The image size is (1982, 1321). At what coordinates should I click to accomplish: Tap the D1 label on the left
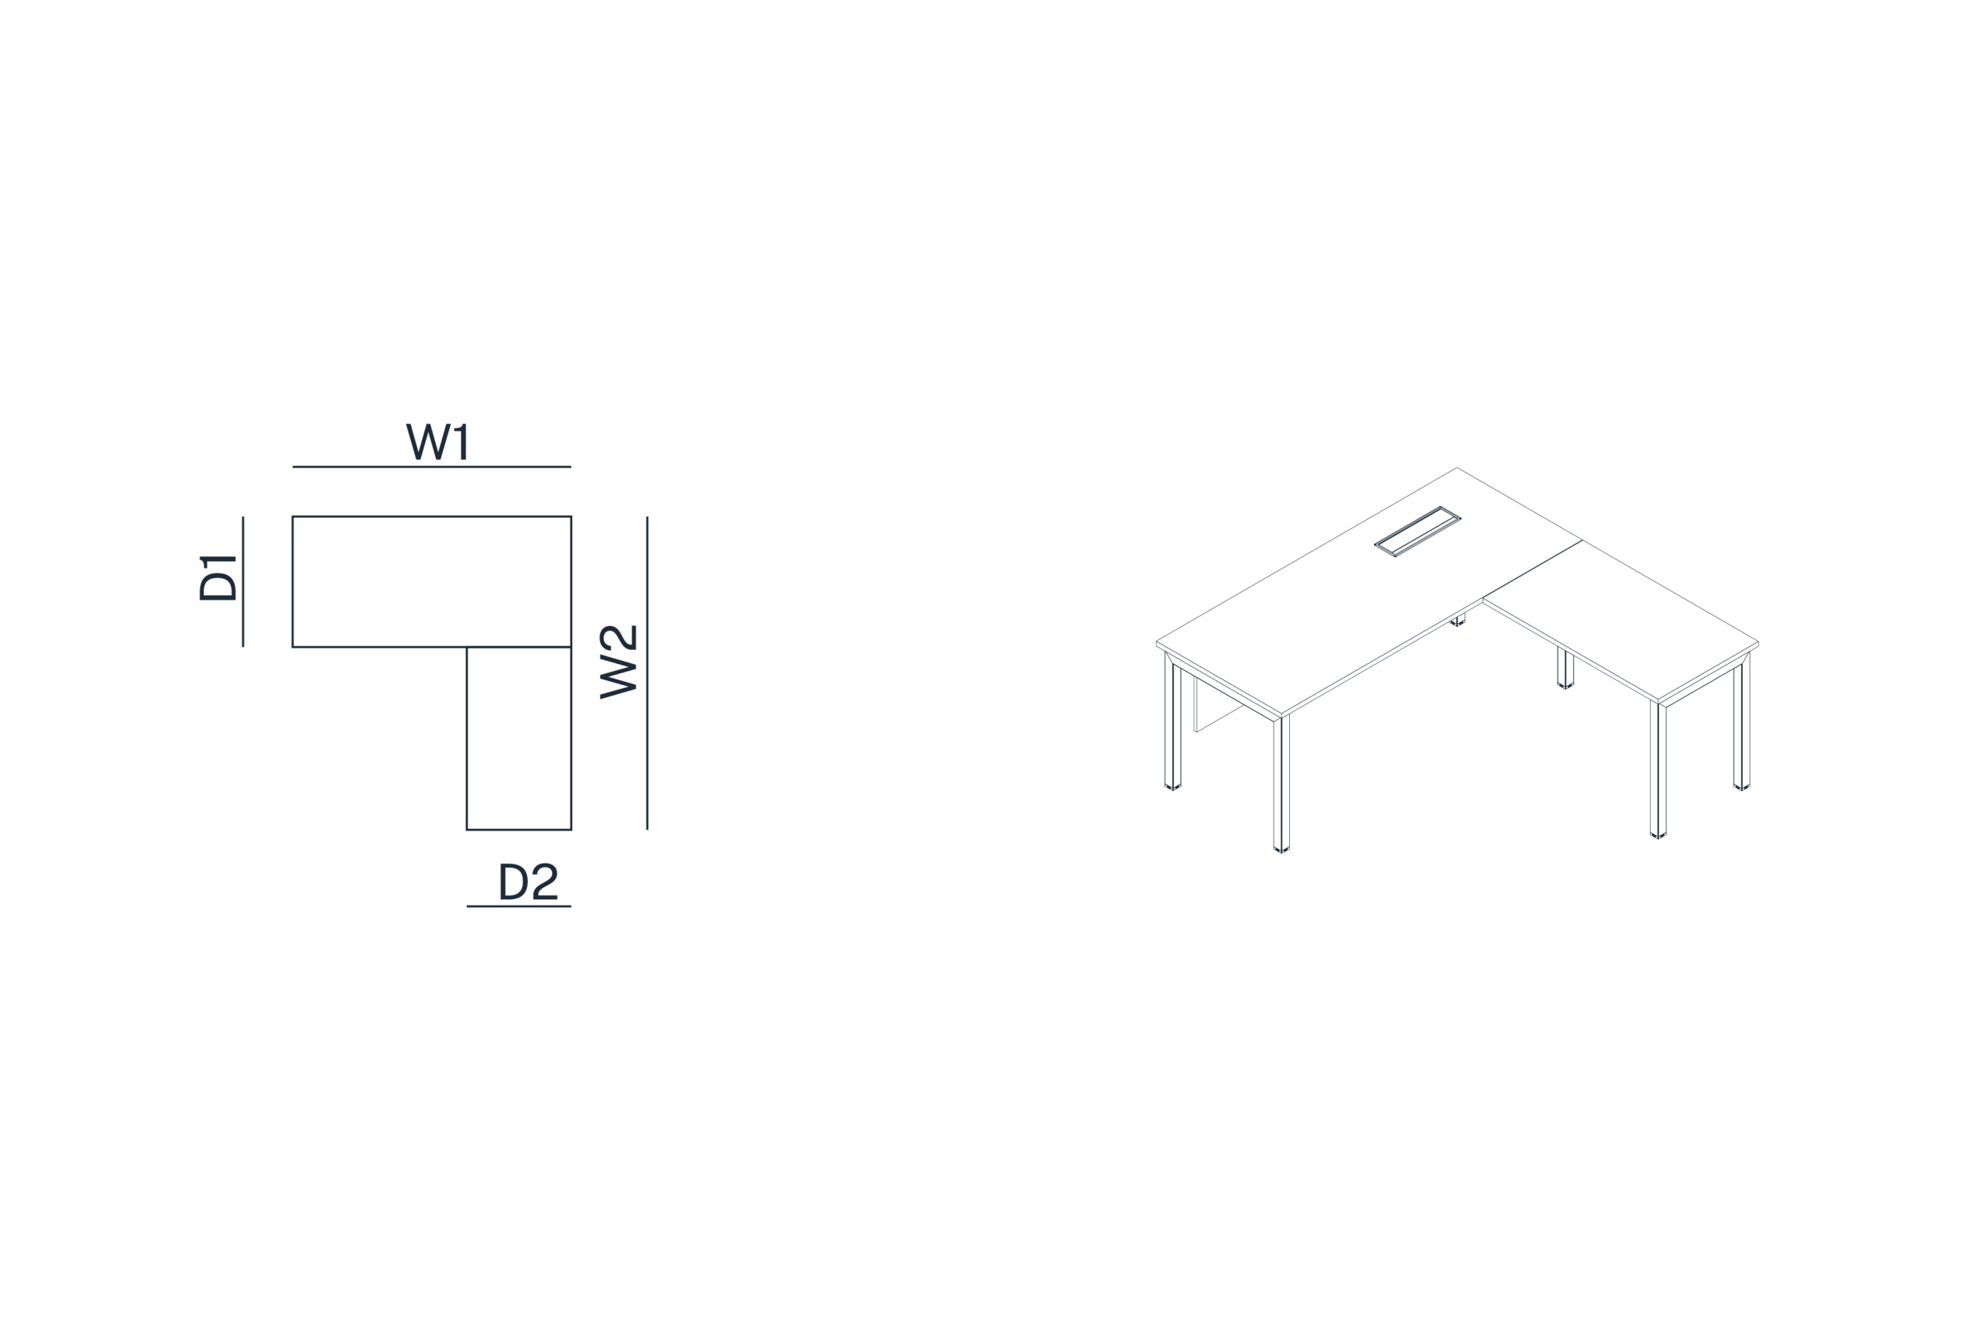click(x=218, y=578)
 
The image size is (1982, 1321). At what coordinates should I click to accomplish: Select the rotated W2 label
click(x=618, y=662)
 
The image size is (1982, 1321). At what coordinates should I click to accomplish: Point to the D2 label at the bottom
click(x=528, y=881)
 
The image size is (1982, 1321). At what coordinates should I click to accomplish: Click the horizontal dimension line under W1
click(x=431, y=467)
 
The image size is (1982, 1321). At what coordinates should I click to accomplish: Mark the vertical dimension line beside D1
click(x=242, y=581)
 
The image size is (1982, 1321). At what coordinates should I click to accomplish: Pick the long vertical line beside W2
click(x=647, y=673)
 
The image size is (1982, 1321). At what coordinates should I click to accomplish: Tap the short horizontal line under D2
click(x=519, y=906)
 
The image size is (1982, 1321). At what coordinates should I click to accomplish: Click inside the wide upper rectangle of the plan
click(x=431, y=581)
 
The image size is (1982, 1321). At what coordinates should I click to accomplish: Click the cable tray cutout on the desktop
click(x=1418, y=532)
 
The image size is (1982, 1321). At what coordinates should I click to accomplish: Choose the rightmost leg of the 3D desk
click(x=1742, y=722)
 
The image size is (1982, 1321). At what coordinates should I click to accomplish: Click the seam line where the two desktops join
click(x=1532, y=570)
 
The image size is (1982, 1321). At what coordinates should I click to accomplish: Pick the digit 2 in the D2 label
click(x=545, y=881)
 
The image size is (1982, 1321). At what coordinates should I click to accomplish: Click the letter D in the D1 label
click(x=218, y=587)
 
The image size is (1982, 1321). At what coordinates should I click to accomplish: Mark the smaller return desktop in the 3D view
click(x=1620, y=621)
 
